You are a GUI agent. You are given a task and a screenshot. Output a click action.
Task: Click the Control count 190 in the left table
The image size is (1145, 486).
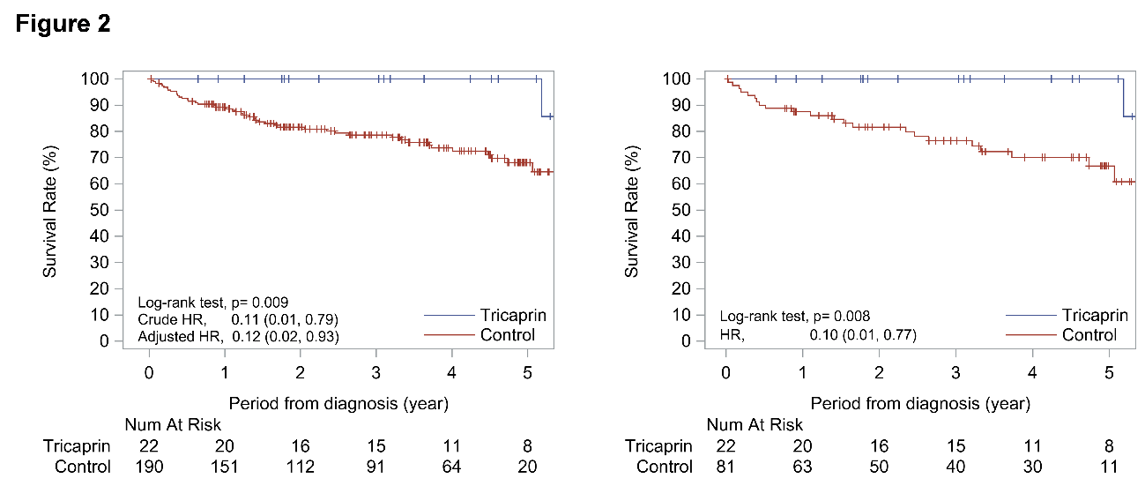click(149, 467)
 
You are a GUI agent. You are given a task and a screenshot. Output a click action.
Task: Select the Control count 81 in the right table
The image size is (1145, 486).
click(726, 467)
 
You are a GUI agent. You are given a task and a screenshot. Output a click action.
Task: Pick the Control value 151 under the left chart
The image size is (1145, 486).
click(225, 467)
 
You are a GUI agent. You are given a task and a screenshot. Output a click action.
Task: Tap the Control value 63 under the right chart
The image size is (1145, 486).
click(802, 467)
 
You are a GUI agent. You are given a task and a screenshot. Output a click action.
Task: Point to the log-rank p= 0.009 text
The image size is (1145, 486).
click(208, 301)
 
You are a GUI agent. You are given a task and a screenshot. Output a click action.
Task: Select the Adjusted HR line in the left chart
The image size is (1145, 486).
click(238, 336)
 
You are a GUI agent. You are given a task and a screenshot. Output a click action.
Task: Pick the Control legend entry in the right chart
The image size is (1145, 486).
click(1089, 334)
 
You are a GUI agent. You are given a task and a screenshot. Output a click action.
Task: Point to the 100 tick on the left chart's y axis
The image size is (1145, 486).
click(97, 79)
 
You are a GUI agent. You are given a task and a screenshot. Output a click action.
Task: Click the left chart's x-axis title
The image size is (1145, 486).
click(339, 404)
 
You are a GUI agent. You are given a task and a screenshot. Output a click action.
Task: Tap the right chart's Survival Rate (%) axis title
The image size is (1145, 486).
click(632, 210)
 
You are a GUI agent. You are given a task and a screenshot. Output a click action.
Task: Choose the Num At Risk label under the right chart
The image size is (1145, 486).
click(755, 425)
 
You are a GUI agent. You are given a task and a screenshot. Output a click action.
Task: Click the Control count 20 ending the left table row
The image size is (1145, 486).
click(527, 467)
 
